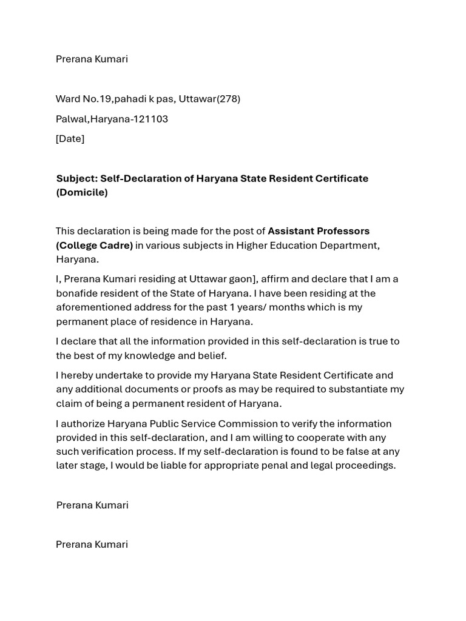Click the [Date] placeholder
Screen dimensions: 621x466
(70, 139)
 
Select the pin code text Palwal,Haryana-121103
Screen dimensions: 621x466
(112, 119)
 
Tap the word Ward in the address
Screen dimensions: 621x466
(67, 99)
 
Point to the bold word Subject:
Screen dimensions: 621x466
(76, 178)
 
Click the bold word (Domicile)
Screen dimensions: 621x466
(82, 192)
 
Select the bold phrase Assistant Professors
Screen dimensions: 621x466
(319, 231)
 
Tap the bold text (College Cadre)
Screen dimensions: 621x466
(94, 245)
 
